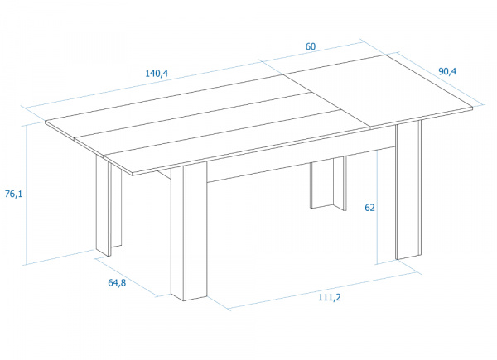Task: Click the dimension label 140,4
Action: (157, 73)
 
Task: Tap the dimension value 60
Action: (310, 46)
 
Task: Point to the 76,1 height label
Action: (13, 194)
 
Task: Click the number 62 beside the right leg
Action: (369, 209)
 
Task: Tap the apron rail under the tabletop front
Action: (273, 165)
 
